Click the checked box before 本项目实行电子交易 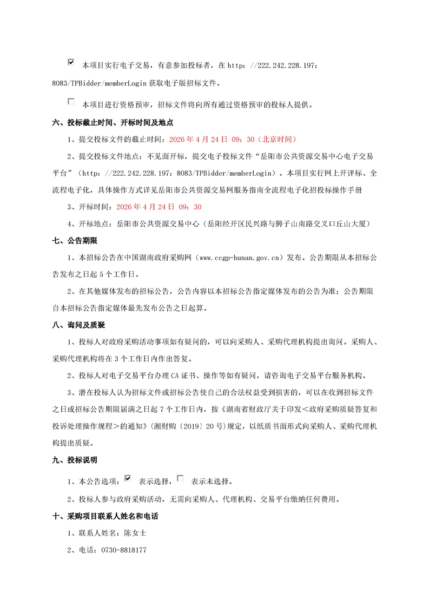tap(71, 63)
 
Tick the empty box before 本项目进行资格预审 tap(71, 101)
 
